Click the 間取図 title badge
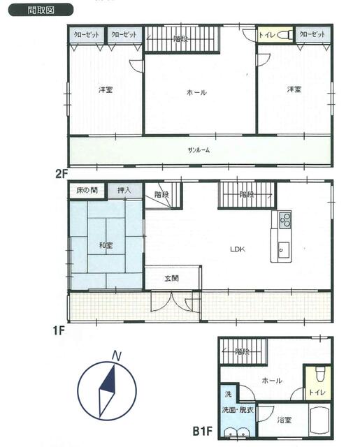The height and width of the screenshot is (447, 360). (x=41, y=10)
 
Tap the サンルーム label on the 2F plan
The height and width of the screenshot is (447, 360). (x=199, y=150)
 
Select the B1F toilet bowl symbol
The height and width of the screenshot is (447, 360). (x=321, y=374)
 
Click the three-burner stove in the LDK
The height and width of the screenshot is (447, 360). (x=285, y=219)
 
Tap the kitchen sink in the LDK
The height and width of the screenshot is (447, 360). (x=284, y=250)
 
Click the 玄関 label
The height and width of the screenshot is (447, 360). (x=172, y=278)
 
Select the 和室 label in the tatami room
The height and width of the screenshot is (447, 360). (x=106, y=245)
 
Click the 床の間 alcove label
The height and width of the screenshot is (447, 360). (x=87, y=190)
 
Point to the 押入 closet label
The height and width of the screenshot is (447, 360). (x=124, y=190)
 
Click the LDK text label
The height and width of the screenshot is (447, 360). (x=238, y=249)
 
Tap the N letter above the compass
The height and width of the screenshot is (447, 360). (x=116, y=356)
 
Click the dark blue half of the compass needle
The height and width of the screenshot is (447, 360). (x=108, y=379)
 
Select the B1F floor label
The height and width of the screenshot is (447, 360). (x=203, y=431)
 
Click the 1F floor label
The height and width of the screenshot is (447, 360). (x=59, y=330)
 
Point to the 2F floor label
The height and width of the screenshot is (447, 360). (x=62, y=173)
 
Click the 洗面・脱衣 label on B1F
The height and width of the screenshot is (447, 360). (x=238, y=410)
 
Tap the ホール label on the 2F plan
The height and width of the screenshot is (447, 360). (x=196, y=92)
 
